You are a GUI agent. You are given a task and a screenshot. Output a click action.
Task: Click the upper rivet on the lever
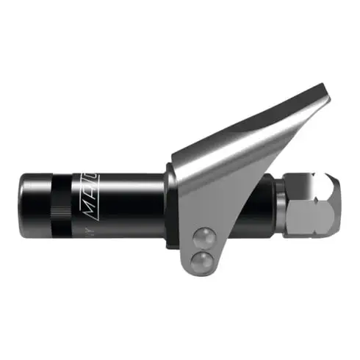click(x=202, y=236)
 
